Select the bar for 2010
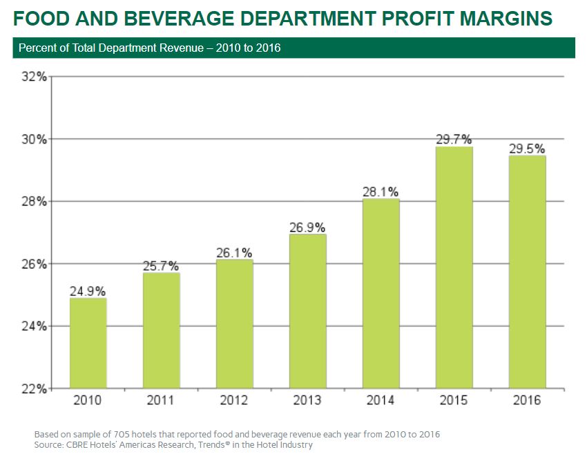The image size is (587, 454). [x=88, y=343]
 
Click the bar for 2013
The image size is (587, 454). [x=307, y=310]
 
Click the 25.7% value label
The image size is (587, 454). [x=161, y=266]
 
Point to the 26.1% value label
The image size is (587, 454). [x=234, y=253]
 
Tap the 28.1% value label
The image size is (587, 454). [x=381, y=191]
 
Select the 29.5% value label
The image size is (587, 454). [x=527, y=148]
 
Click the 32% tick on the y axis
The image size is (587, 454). [x=33, y=77]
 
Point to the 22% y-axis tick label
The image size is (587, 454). [x=33, y=388]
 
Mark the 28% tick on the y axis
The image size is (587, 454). [x=33, y=201]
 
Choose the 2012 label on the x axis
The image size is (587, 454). [x=234, y=401]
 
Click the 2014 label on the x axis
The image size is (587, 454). [x=381, y=401]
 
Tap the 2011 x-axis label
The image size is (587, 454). [x=161, y=401]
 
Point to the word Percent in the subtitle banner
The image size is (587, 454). [x=37, y=48]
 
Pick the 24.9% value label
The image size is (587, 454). [x=88, y=290]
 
